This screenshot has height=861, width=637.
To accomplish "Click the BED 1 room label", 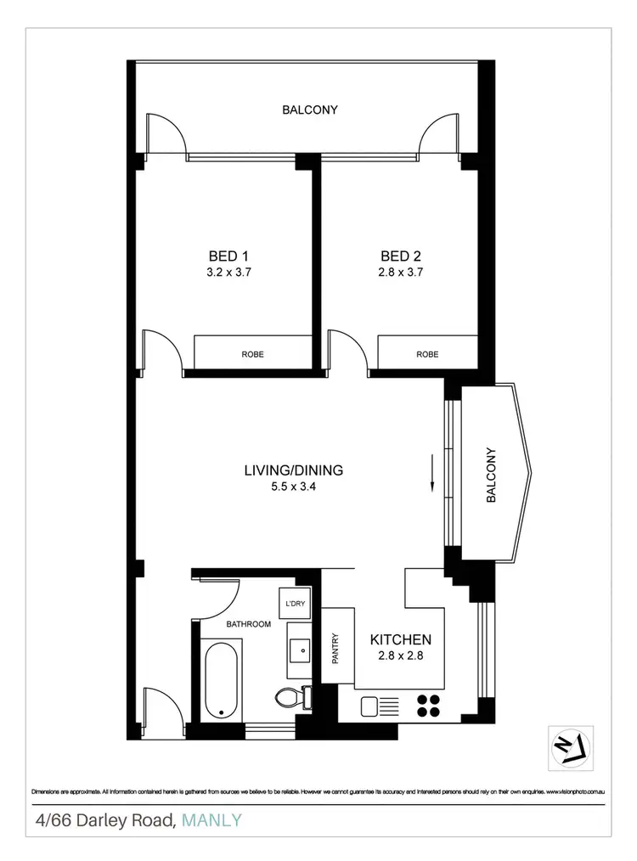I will click(x=228, y=256).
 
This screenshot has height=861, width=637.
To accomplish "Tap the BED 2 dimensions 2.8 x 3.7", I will click(x=402, y=273).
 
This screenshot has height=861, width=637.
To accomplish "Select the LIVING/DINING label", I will click(x=293, y=470).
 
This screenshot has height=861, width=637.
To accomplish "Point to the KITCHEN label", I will click(x=401, y=639).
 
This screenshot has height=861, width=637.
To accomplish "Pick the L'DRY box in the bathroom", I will click(x=296, y=604).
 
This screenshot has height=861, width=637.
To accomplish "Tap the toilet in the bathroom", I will click(x=291, y=697).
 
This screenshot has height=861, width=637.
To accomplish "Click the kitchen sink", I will click(x=370, y=705).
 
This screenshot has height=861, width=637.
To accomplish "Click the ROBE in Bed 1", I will click(x=252, y=354).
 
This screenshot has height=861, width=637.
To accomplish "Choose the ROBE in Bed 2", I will click(x=427, y=354).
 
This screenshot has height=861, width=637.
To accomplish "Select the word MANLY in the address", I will click(x=212, y=820).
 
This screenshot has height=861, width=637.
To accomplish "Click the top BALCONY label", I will click(x=310, y=110).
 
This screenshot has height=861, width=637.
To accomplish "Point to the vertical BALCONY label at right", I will click(x=490, y=476).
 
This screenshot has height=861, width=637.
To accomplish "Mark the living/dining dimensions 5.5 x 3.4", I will click(x=293, y=487).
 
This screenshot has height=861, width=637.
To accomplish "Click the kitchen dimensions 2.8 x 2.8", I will click(x=401, y=656).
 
